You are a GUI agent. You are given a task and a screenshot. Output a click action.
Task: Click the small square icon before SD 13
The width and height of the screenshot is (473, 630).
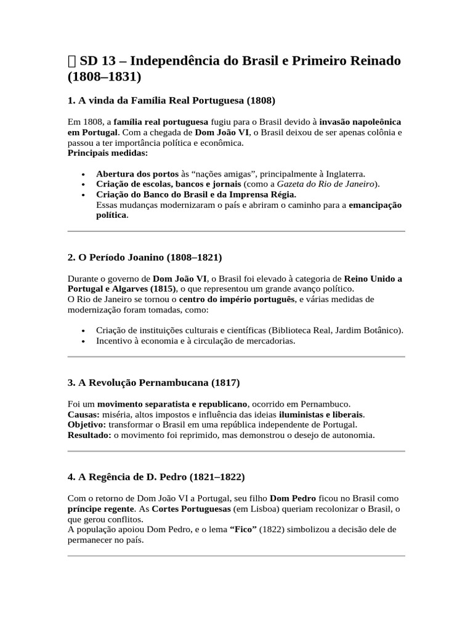click(x=72, y=61)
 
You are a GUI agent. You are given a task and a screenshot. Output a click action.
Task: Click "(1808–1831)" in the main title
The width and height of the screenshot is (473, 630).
click(x=104, y=78)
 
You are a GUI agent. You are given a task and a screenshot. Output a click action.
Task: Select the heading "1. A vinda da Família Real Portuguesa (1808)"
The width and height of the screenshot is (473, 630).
click(x=171, y=100)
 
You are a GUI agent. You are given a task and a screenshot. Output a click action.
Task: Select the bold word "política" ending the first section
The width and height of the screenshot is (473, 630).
click(x=111, y=215)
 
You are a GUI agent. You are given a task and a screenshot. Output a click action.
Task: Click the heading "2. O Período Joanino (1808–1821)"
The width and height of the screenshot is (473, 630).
click(x=145, y=257)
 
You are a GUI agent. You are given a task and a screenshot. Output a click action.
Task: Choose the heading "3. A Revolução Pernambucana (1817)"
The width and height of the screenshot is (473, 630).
click(x=153, y=383)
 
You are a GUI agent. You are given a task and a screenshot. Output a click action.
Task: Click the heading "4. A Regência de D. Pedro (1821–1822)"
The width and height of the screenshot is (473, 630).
click(x=156, y=477)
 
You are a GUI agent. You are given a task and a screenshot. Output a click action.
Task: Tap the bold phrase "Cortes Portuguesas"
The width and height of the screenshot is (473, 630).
click(x=192, y=509)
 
